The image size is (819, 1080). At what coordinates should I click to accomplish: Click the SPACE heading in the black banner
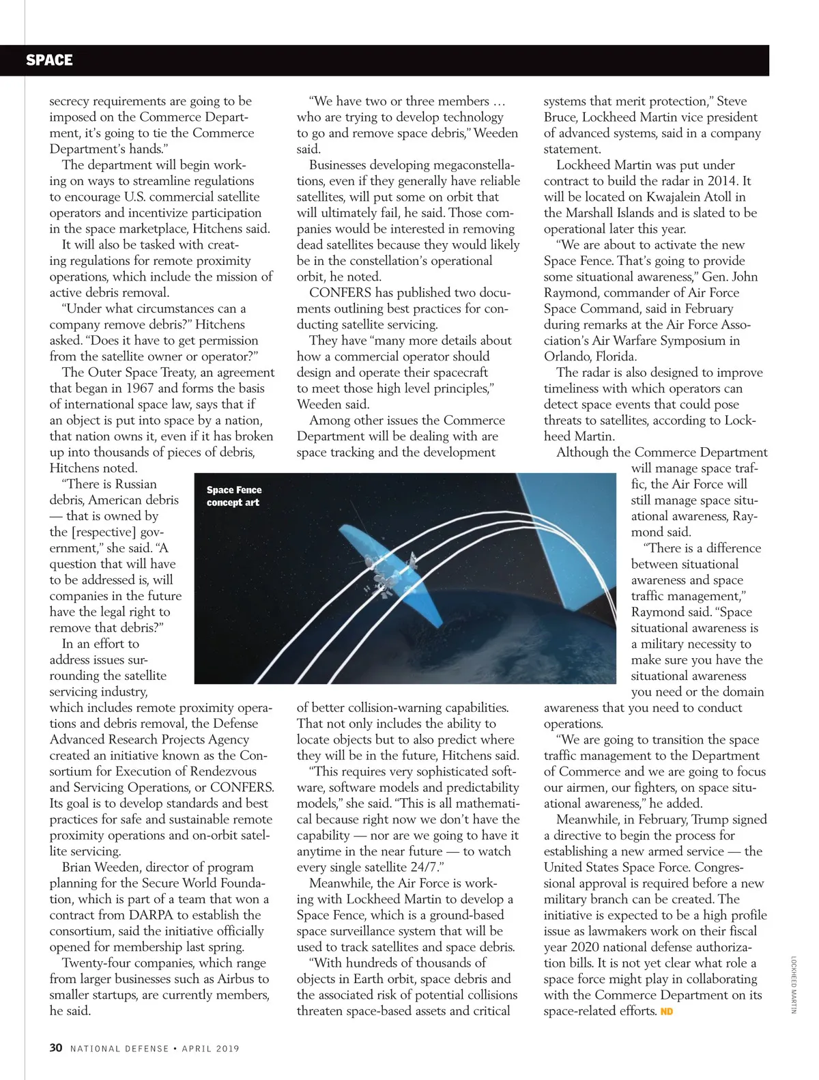pyautogui.click(x=49, y=60)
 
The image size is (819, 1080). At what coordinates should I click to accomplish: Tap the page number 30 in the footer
pyautogui.click(x=56, y=1047)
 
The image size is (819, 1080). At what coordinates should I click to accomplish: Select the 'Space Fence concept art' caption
pyautogui.click(x=233, y=496)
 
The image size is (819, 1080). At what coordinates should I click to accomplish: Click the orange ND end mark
pyautogui.click(x=666, y=1011)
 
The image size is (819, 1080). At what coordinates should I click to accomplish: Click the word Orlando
pyautogui.click(x=564, y=356)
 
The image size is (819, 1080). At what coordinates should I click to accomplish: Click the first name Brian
pyautogui.click(x=77, y=867)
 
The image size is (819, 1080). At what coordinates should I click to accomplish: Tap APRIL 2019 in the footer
pyautogui.click(x=211, y=1048)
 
